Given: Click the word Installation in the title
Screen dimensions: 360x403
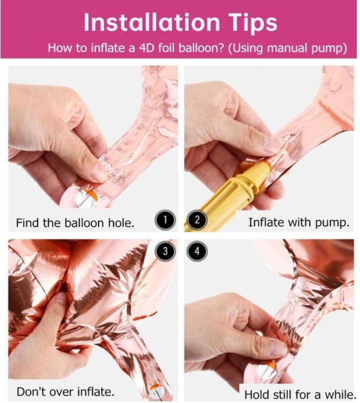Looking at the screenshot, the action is [x=152, y=22].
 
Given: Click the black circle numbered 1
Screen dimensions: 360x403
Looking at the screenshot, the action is [x=165, y=220].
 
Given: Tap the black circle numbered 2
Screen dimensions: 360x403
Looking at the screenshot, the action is [x=197, y=220].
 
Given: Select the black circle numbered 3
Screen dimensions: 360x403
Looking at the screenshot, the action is [x=165, y=251].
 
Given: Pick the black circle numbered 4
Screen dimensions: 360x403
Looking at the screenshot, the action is [x=197, y=251].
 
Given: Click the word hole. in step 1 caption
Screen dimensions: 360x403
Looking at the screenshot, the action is [x=121, y=223].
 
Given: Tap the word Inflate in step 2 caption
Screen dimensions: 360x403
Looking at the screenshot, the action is [x=266, y=222].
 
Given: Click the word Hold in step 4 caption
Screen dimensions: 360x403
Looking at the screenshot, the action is [x=256, y=394].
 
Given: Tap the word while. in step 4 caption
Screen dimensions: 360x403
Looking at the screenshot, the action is [x=340, y=394].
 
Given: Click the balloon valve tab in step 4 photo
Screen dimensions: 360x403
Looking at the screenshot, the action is [x=267, y=371].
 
